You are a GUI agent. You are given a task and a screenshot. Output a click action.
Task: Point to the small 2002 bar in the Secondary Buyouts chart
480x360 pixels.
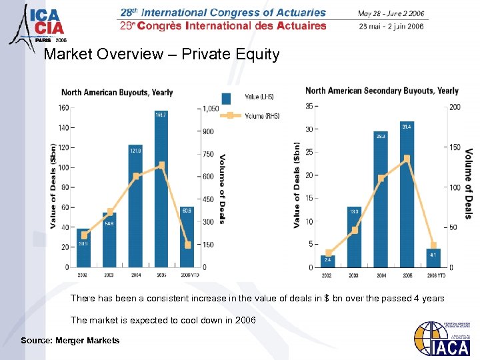pos(329,261)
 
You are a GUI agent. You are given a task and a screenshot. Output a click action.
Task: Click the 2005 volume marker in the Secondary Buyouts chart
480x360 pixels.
pos(406,158)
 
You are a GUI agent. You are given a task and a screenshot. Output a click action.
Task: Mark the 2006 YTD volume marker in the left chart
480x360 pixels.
pos(187,245)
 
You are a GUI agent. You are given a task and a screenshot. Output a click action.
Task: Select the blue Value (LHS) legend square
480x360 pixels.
pos(227,99)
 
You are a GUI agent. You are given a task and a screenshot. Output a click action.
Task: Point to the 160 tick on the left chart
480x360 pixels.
pos(63,107)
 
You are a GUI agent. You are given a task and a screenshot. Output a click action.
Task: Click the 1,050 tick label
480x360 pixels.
pos(211,108)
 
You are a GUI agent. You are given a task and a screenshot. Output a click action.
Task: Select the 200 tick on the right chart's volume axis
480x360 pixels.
pos(455,107)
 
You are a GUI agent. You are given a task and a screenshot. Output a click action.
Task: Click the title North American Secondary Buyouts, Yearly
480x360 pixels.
pos(381,91)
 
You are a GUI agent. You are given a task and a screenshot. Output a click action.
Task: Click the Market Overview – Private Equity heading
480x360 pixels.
pos(161,54)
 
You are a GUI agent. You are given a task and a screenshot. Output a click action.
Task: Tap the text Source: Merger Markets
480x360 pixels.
pos(70,341)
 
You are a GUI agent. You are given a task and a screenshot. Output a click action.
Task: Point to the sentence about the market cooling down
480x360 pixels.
pos(163,320)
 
